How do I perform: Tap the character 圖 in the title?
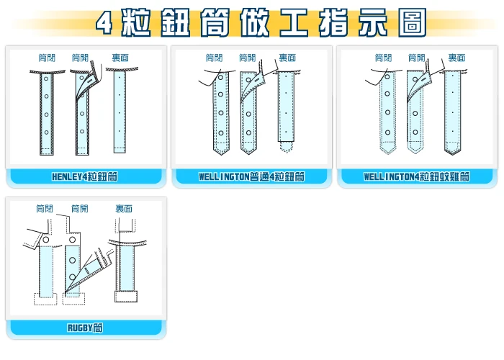tap(413, 23)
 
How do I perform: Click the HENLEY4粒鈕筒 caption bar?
tap(85, 176)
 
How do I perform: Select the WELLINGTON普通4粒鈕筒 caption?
tap(251, 176)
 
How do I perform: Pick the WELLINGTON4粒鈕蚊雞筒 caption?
tap(417, 176)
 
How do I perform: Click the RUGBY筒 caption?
tap(85, 328)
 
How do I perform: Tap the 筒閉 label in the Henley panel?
tap(47, 58)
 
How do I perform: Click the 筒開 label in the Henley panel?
tap(80, 58)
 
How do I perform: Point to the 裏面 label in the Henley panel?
tap(120, 58)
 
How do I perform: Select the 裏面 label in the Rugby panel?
tap(124, 209)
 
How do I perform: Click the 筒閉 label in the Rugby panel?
tap(45, 209)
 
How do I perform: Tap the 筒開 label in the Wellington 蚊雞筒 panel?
tap(417, 58)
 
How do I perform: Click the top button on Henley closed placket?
tap(46, 78)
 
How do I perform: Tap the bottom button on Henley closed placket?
tap(46, 132)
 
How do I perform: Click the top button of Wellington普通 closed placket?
tap(221, 78)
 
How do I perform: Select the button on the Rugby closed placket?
tap(46, 240)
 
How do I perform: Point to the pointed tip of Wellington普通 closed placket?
tap(222, 155)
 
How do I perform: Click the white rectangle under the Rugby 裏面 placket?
tap(126, 297)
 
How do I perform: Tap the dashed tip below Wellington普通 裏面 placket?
tap(286, 147)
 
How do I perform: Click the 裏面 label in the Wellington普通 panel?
tap(287, 58)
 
